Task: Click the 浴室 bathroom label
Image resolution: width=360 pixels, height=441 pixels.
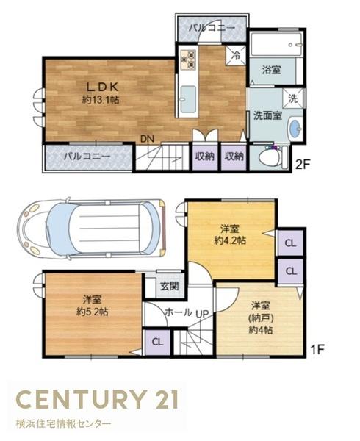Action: [x=272, y=71]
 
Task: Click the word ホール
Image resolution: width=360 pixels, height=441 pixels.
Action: [x=178, y=312]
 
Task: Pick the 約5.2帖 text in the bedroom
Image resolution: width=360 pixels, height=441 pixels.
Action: [x=91, y=312]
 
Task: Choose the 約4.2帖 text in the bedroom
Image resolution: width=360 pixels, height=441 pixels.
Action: [x=229, y=240]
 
